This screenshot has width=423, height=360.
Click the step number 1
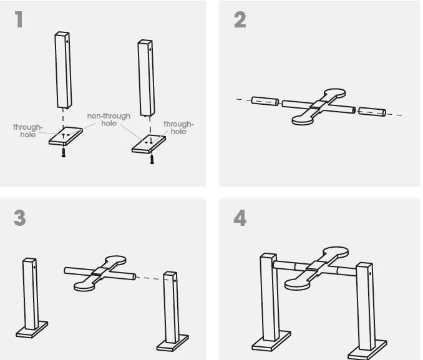tap(19, 20)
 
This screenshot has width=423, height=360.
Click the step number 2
tap(240, 20)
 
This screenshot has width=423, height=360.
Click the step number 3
tap(20, 218)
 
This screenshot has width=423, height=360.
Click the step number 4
tap(240, 218)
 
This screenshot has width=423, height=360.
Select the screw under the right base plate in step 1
tap(152, 158)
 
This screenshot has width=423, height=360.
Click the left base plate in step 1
tap(66, 135)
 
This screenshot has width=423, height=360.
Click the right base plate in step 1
tap(148, 143)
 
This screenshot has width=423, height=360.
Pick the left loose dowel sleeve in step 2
tap(265, 100)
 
